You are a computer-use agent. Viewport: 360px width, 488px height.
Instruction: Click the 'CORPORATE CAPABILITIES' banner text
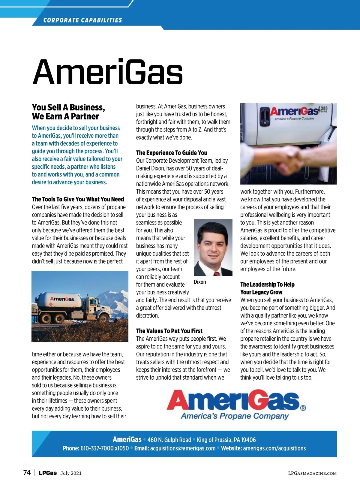[82, 20]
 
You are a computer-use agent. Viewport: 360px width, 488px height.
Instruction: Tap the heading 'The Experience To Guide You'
[172, 153]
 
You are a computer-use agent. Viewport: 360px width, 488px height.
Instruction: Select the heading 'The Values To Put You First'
[169, 331]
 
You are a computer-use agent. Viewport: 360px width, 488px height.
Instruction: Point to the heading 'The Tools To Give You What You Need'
[78, 199]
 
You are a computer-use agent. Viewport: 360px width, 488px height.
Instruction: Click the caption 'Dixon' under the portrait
[200, 282]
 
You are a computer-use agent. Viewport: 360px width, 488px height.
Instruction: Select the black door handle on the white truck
[264, 115]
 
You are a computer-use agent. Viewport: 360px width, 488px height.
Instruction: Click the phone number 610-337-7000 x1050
[104, 448]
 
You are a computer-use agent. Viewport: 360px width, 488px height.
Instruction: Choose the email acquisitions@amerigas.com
[183, 448]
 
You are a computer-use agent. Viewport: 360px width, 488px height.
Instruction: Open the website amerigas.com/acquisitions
[274, 448]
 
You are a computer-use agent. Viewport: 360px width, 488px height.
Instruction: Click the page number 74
[27, 473]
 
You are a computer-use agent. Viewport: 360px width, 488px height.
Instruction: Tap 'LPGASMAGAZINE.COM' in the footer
[312, 473]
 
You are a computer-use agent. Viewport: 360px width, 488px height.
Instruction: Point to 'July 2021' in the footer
[71, 473]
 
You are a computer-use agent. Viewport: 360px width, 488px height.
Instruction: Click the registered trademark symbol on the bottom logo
[303, 408]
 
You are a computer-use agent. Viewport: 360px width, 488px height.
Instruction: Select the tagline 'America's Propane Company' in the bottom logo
[235, 416]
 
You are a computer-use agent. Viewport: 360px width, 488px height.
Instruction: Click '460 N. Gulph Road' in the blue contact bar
[169, 440]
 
